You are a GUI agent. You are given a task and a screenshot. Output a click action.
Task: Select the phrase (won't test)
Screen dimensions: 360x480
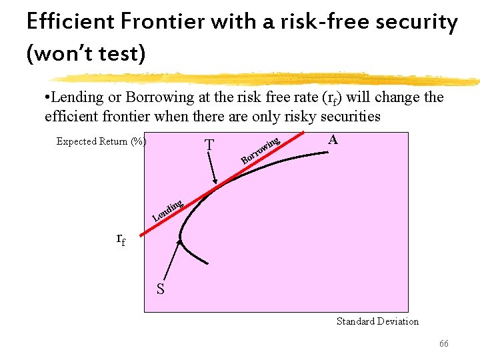pyautogui.click(x=85, y=53)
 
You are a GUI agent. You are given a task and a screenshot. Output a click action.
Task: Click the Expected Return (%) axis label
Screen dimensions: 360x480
pyautogui.click(x=101, y=141)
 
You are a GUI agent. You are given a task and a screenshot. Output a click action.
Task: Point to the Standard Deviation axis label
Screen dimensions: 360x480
pyautogui.click(x=377, y=321)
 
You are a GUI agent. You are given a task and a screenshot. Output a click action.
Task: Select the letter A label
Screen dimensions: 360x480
pyautogui.click(x=333, y=140)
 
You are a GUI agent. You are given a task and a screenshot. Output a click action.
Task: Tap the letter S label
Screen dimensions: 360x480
pyautogui.click(x=161, y=289)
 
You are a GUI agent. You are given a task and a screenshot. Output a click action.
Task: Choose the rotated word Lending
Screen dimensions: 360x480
pyautogui.click(x=167, y=209)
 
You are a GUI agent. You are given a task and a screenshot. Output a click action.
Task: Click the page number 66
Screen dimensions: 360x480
pyautogui.click(x=443, y=343)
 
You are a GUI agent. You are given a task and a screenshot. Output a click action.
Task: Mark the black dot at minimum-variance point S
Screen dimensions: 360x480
pyautogui.click(x=179, y=240)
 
